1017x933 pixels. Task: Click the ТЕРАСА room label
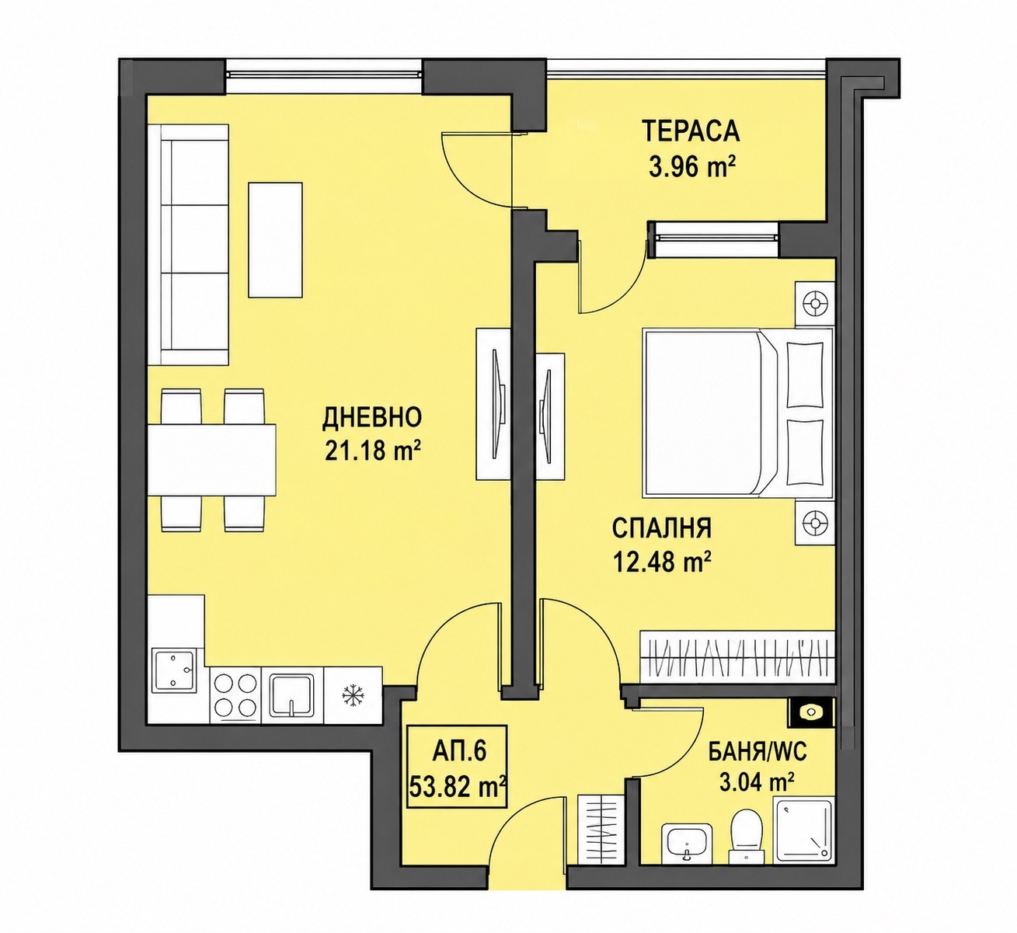click(691, 131)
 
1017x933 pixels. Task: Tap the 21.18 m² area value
click(373, 451)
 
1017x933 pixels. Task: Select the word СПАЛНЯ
click(662, 529)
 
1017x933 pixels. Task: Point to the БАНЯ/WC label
click(757, 753)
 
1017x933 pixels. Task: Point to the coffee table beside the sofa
click(275, 239)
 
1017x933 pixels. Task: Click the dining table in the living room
click(212, 460)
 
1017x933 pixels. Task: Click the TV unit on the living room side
click(493, 403)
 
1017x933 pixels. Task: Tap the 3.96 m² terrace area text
click(692, 166)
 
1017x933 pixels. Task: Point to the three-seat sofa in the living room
click(189, 244)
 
